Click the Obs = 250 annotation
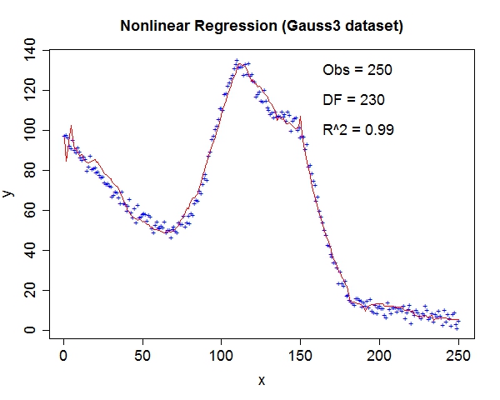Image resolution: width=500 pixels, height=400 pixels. coord(357,70)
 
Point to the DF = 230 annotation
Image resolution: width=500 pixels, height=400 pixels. coord(353,100)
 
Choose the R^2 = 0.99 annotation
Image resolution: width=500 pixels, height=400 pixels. coord(358,130)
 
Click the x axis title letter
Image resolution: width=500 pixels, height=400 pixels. coord(261,380)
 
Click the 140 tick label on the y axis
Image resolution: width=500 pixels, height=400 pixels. coord(31,50)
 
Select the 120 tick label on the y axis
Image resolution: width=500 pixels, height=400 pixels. coord(31,90)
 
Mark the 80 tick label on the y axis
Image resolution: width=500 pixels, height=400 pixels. coord(31,170)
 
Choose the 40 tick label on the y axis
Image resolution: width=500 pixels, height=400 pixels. coord(31,250)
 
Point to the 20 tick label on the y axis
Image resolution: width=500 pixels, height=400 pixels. coord(31,290)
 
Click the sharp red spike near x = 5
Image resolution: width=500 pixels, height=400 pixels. coord(72,127)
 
